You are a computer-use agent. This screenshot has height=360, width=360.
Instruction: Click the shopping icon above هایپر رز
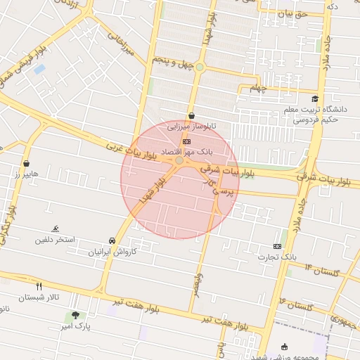pos(26,163)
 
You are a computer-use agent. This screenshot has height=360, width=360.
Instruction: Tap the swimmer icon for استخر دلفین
pos(55,229)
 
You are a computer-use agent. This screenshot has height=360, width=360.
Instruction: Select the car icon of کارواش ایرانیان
pos(112,240)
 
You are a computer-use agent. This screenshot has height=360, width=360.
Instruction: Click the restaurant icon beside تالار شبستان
pos(39,286)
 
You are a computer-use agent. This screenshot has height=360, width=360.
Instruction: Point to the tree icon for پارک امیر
pos(76,316)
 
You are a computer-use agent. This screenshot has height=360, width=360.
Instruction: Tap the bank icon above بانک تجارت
pos(277,247)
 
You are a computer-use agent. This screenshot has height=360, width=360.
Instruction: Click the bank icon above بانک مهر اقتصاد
pos(185,141)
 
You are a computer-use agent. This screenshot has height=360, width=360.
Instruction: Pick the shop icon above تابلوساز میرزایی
pos(191,116)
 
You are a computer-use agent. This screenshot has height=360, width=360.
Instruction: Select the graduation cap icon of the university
pos(315,99)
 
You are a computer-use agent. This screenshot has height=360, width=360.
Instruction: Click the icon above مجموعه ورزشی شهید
pos(284,347)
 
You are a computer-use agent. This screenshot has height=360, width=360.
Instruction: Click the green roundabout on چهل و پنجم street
pos(200,67)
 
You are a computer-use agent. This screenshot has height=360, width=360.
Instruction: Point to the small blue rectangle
pos(39,69)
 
